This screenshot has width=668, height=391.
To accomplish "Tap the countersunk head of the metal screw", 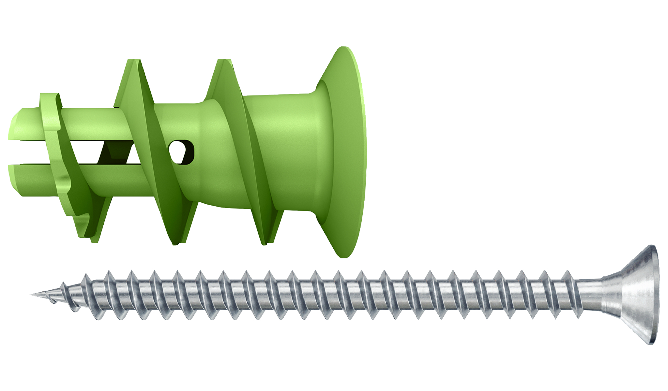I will tap(630, 295).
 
